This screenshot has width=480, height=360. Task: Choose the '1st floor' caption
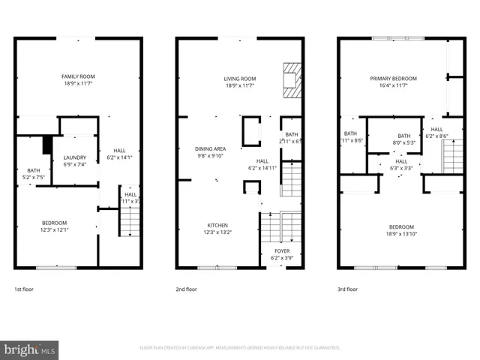coord(24,289)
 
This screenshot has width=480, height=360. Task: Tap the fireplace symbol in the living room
coord(291,81)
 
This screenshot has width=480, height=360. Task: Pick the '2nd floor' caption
coord(186,289)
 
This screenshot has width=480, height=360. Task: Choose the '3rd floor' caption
coord(347,289)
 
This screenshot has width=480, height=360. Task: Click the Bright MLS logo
coord(30,349)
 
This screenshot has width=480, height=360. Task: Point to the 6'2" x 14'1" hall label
coord(119,154)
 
